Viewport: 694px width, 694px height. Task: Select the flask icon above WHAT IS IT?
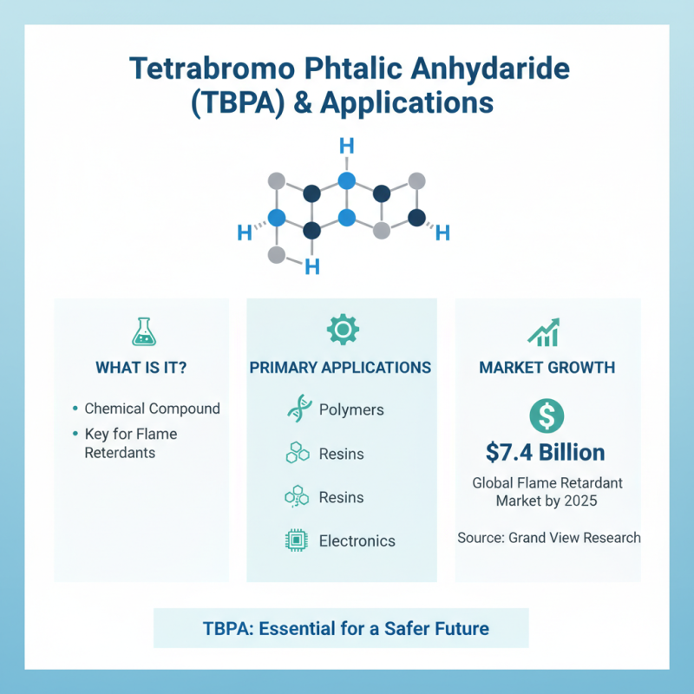(141, 331)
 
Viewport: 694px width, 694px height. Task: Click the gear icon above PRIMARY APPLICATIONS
(341, 329)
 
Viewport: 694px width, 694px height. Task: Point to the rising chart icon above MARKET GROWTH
(547, 331)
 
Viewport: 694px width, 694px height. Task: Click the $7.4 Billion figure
(547, 452)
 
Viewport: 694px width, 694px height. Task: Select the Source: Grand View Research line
(549, 538)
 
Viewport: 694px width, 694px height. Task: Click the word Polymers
(351, 409)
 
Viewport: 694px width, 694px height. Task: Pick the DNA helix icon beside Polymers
(298, 409)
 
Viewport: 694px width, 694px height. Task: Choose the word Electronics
(357, 540)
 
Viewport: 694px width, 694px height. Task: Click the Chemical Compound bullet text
(152, 409)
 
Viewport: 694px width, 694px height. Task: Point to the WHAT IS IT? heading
(141, 367)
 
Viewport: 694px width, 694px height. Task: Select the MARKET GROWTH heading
(547, 367)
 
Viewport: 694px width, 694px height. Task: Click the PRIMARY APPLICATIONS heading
(341, 367)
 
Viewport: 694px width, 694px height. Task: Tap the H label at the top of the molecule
(346, 144)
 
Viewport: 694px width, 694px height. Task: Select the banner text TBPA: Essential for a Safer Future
(341, 628)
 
